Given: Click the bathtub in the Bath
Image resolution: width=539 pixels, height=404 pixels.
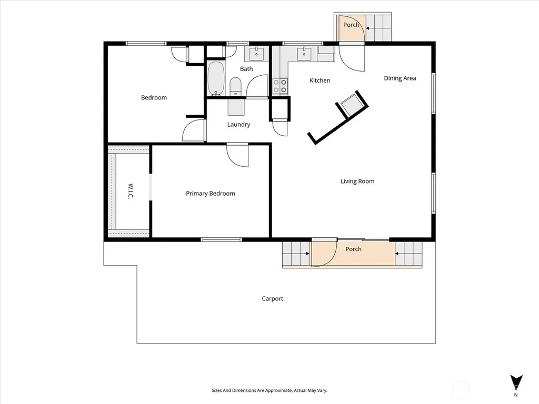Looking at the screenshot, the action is pos(216,79).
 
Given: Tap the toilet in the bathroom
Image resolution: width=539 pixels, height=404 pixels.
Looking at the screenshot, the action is pos(235,86).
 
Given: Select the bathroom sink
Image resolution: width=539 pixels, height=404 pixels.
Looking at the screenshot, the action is pos(256,54).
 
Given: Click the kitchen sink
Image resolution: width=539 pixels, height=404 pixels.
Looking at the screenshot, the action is pos(304,54).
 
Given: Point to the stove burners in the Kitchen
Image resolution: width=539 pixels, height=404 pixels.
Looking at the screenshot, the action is pos(280,86).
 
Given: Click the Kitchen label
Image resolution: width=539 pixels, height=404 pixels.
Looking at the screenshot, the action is pos(320,80).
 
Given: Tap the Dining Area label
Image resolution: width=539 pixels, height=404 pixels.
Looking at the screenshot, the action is pos(400,78).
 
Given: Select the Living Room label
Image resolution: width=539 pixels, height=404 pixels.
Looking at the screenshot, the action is pos(357,181).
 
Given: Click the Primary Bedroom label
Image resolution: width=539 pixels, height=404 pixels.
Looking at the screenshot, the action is pos(211,194).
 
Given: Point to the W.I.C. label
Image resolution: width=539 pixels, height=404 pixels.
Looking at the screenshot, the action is pos(131,191).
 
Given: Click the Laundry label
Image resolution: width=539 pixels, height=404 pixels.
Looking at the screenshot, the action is pos(238,124).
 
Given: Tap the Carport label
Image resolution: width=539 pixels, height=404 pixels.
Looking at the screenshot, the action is pos(273,299).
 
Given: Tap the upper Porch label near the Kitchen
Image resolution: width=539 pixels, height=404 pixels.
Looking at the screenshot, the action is pos(351,25).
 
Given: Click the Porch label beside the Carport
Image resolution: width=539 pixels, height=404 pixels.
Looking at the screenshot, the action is pos(353,249).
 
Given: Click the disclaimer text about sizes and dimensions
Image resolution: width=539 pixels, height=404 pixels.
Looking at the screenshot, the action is pos(269,390).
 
